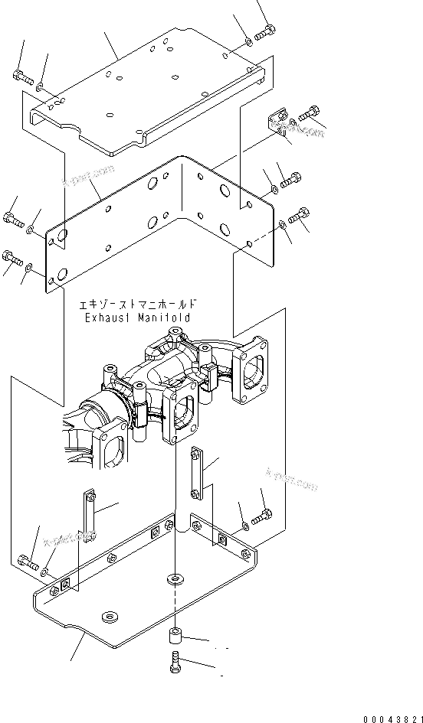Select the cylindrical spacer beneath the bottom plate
coord(175,637)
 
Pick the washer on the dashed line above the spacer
coord(175,578)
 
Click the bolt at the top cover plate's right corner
coord(265,33)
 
